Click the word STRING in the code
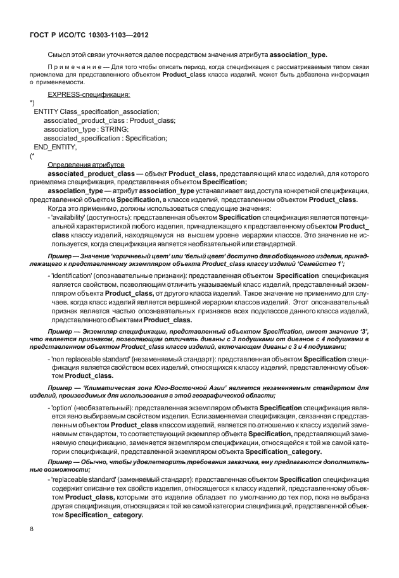115,129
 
